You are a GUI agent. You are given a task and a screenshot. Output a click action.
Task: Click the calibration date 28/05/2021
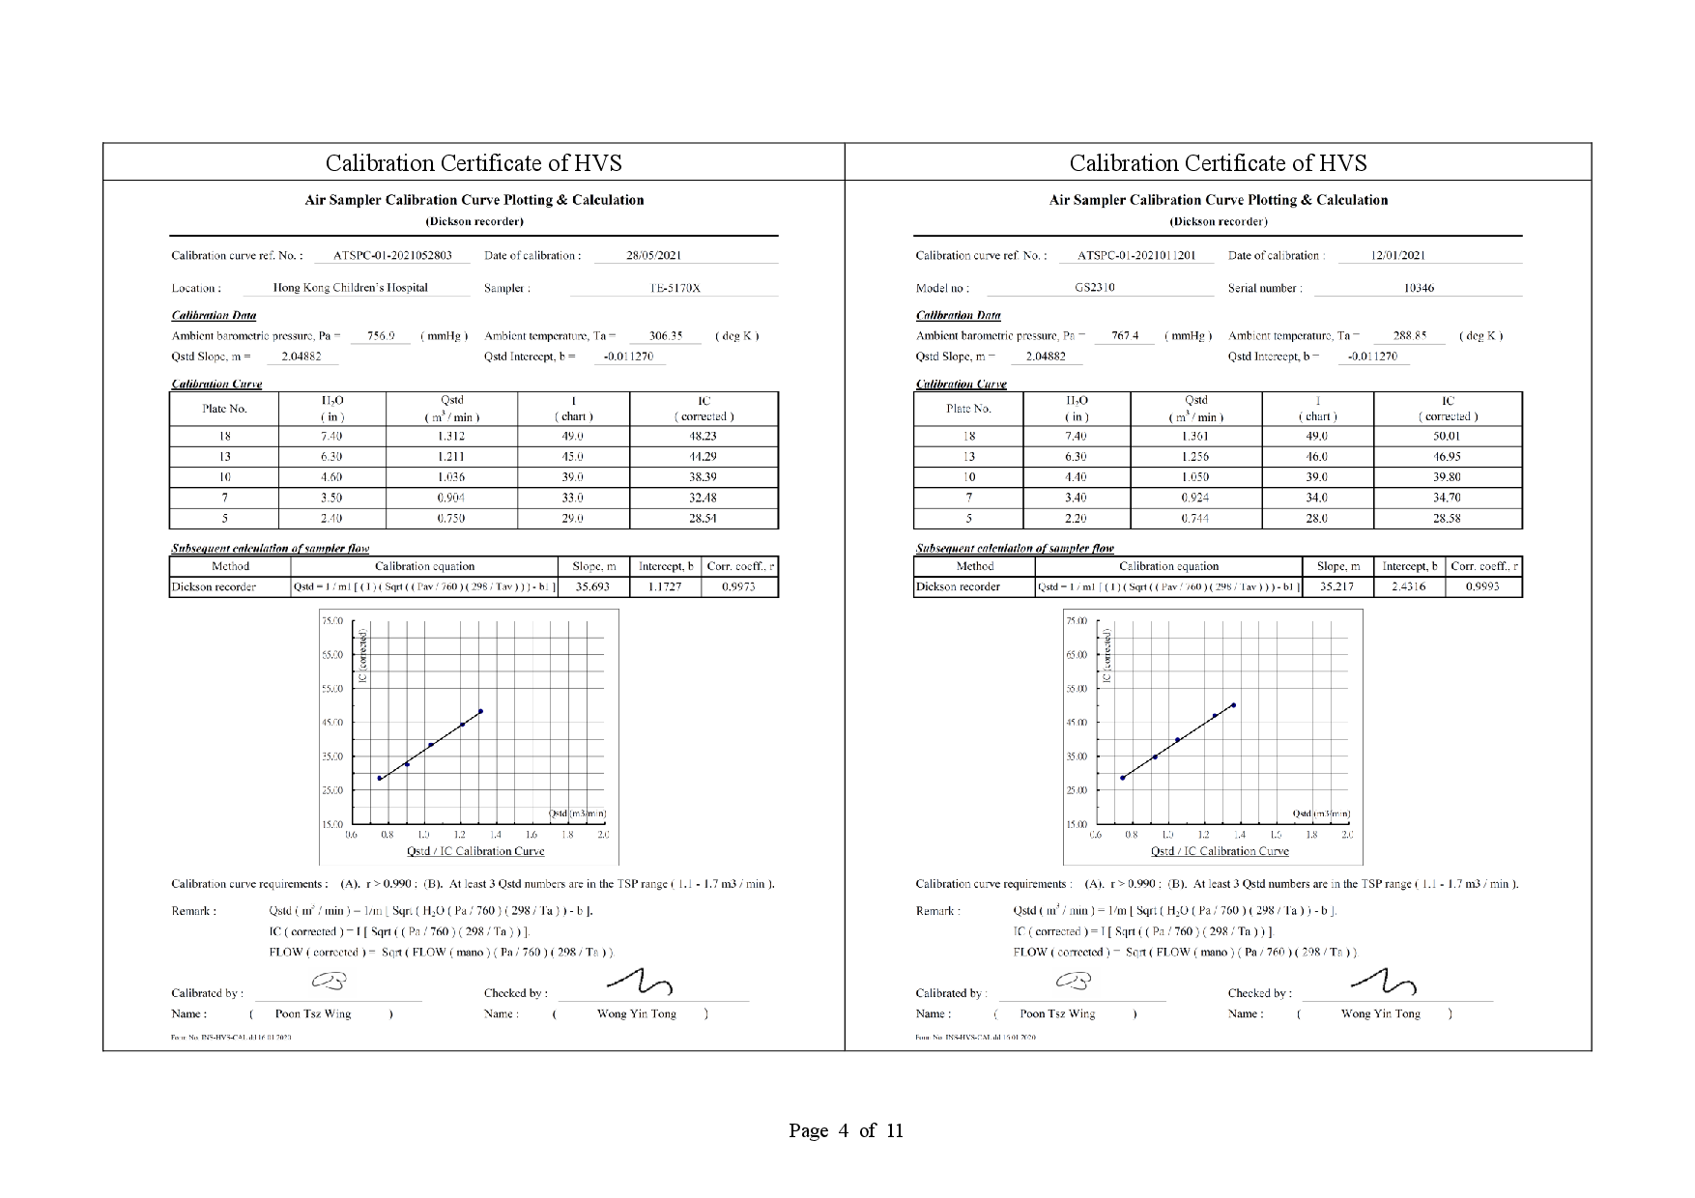click(653, 256)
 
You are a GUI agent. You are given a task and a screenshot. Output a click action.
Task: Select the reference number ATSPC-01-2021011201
click(1136, 256)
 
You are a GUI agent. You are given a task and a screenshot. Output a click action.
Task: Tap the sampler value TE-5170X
click(675, 288)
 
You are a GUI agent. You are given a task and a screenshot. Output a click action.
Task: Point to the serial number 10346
click(1419, 288)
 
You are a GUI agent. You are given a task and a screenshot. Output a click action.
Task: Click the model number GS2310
click(1095, 287)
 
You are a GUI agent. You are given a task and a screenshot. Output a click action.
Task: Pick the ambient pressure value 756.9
click(381, 336)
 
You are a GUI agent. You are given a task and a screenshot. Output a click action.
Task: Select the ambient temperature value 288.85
click(1410, 336)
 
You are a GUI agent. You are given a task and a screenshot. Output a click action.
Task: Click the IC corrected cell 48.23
click(703, 436)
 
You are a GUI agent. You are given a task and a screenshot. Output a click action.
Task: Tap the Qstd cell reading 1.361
click(1195, 436)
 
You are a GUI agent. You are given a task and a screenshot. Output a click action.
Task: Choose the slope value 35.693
click(592, 586)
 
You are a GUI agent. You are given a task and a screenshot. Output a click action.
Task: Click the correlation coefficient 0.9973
click(738, 586)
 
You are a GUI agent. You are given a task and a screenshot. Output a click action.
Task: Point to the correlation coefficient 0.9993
click(1482, 586)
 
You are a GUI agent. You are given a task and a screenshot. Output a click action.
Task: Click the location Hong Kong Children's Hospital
click(350, 288)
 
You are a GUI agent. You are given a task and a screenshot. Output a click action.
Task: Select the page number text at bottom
click(846, 1130)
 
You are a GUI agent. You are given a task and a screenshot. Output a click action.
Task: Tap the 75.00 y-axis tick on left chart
click(331, 621)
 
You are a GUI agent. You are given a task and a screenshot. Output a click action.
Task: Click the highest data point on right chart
click(1234, 705)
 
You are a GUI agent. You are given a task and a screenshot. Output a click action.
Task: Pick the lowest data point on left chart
click(380, 778)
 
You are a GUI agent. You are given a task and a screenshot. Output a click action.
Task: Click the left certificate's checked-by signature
click(640, 984)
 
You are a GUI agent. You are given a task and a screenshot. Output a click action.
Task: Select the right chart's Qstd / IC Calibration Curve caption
click(1220, 851)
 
